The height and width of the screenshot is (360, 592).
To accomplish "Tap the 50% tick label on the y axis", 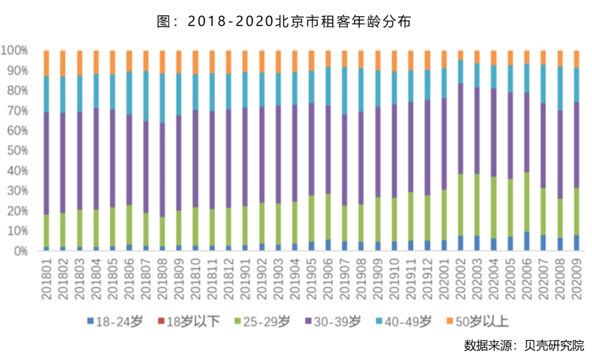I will click(x=17, y=150).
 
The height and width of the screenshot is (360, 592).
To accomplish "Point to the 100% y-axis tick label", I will click(x=15, y=50).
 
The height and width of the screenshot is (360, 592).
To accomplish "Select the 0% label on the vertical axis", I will click(x=20, y=250).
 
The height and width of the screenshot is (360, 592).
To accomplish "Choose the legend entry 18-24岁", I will click(x=114, y=322).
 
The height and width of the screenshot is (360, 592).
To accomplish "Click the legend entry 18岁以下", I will click(x=188, y=322).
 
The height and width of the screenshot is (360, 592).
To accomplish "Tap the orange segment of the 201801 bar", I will click(x=46, y=63).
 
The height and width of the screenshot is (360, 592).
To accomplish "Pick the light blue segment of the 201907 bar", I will click(x=344, y=91).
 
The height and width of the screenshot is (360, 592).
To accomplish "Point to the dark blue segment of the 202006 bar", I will click(x=527, y=241).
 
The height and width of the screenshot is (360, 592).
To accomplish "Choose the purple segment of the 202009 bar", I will click(x=577, y=145).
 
